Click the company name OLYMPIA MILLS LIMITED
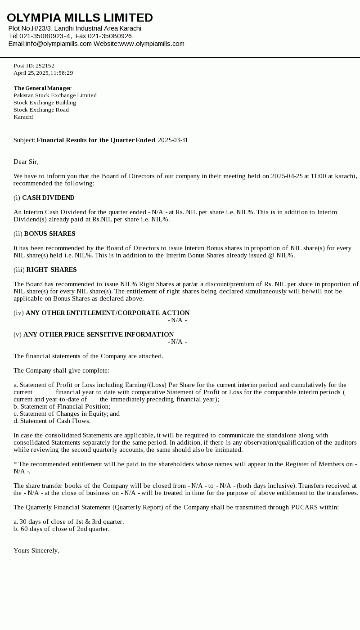point(80,18)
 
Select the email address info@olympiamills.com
point(58,44)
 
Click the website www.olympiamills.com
point(152,44)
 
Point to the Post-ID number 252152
point(45,66)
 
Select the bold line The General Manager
point(42,88)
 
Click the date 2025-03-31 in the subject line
point(173,140)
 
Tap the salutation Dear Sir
point(26,162)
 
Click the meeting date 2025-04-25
point(287,176)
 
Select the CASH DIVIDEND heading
point(48,198)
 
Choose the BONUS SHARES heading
point(49,234)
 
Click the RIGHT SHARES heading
point(51,270)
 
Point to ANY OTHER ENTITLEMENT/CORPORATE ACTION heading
point(108,313)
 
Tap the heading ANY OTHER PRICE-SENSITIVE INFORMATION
point(99,334)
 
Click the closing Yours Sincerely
point(36,550)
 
